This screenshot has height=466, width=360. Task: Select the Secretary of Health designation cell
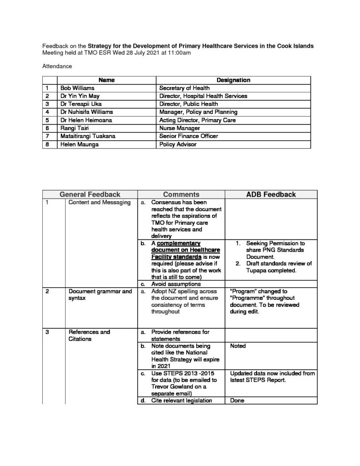coord(184,88)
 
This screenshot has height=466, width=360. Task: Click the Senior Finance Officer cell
coord(188,137)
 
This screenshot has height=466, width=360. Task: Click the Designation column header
coord(233,80)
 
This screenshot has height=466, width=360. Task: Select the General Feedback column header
coord(90,194)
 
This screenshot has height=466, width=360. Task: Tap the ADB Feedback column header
coord(271,194)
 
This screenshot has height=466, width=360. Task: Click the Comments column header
coord(181,194)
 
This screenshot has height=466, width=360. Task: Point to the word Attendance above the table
coord(57,66)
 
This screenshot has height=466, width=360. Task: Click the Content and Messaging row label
coord(99,203)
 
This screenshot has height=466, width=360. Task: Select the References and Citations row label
coord(89,335)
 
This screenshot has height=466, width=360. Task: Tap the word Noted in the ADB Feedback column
coord(238,346)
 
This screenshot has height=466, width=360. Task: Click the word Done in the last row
coord(237,400)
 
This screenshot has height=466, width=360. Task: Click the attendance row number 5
coord(47,120)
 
